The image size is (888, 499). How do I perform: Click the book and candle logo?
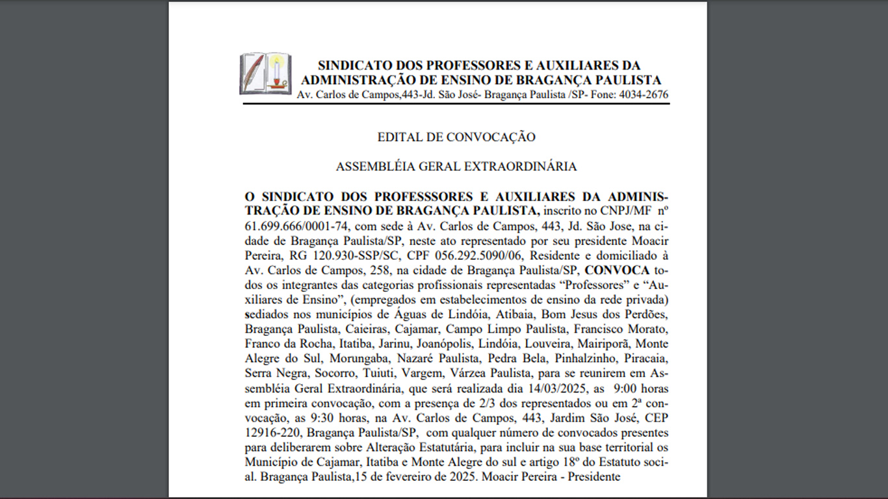coord(265,73)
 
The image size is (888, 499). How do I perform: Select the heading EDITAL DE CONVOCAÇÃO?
coord(456,137)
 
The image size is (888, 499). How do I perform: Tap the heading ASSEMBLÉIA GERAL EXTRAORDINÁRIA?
coord(456,166)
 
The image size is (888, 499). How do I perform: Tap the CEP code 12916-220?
coord(272,433)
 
